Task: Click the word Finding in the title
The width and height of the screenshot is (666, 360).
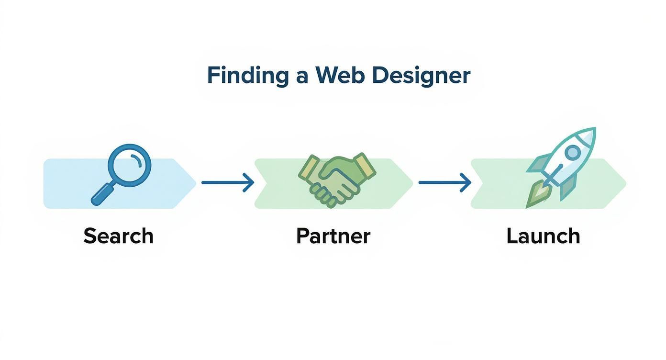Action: pos(247,76)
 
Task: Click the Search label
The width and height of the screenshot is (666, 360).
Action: pos(118,236)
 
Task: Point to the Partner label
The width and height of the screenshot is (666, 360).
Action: pos(333,236)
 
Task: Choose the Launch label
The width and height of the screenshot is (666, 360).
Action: pos(543,236)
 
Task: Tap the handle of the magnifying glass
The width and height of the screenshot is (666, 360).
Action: pos(102,194)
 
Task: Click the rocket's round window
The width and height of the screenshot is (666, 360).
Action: pos(572,153)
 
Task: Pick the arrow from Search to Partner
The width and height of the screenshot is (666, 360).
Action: pos(227,182)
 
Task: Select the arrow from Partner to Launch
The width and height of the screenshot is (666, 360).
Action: pos(444,182)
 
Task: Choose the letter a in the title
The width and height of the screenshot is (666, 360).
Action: pos(301,77)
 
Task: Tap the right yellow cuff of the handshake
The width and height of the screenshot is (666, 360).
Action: pos(366,165)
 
